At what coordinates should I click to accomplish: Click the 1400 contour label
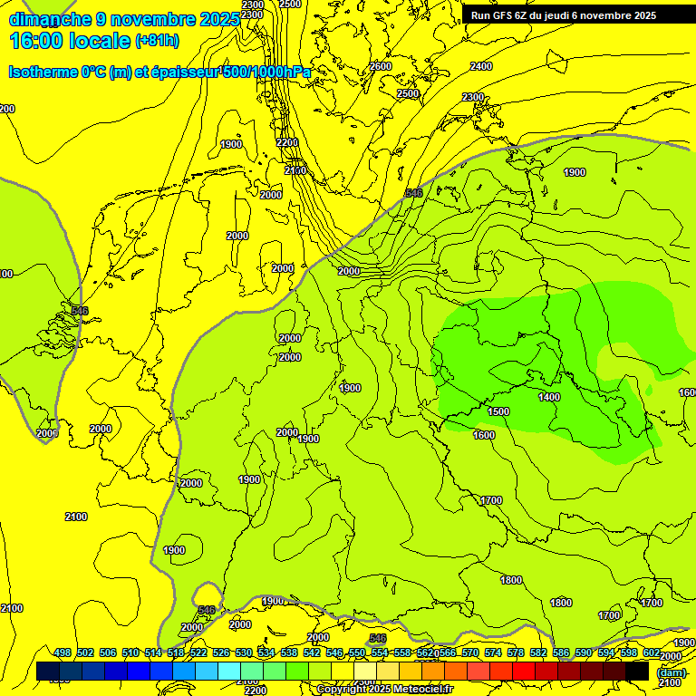(548, 397)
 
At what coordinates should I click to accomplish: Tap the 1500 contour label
(498, 411)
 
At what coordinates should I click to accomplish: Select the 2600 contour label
(381, 66)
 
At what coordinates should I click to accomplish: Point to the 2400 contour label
(481, 66)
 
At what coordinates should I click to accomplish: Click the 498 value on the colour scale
(63, 652)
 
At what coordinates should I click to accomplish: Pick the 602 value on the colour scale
(652, 652)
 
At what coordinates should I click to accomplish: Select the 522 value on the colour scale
(198, 652)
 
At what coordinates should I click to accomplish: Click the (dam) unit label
(671, 672)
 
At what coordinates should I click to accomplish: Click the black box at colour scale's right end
(637, 671)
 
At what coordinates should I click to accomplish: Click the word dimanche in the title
(45, 19)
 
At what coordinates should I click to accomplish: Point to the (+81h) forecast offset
(157, 41)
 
